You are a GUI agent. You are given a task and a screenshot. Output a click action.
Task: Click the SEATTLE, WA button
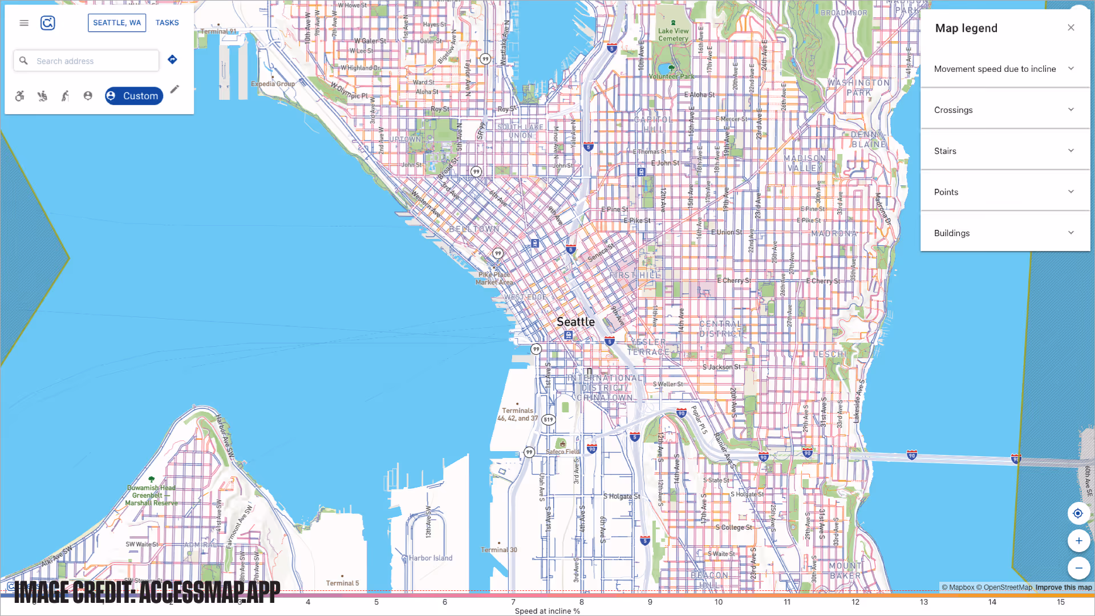pyautogui.click(x=117, y=23)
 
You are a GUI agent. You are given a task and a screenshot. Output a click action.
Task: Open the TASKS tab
pyautogui.click(x=167, y=23)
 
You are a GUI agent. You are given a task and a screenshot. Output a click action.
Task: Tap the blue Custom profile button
pyautogui.click(x=133, y=96)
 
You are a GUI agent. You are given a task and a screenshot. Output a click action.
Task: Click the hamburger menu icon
pyautogui.click(x=24, y=23)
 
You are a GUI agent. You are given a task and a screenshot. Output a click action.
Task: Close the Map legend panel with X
pyautogui.click(x=1071, y=27)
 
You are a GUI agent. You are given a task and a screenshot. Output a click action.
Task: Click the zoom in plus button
pyautogui.click(x=1078, y=541)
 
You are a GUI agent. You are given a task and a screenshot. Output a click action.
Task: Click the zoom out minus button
pyautogui.click(x=1078, y=568)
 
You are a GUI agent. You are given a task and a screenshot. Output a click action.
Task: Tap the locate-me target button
pyautogui.click(x=1077, y=513)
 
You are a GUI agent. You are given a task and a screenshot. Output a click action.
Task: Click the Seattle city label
pyautogui.click(x=575, y=322)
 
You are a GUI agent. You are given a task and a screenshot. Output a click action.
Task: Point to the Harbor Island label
pyautogui.click(x=430, y=558)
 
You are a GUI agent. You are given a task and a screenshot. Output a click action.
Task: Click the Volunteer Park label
pyautogui.click(x=671, y=76)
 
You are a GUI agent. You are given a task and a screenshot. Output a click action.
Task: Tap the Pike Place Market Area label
pyautogui.click(x=494, y=278)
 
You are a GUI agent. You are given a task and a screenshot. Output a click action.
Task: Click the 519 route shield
pyautogui.click(x=548, y=419)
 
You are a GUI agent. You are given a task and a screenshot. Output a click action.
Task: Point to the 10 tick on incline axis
pyautogui.click(x=719, y=601)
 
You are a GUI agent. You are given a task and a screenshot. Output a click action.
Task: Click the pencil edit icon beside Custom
pyautogui.click(x=175, y=89)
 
